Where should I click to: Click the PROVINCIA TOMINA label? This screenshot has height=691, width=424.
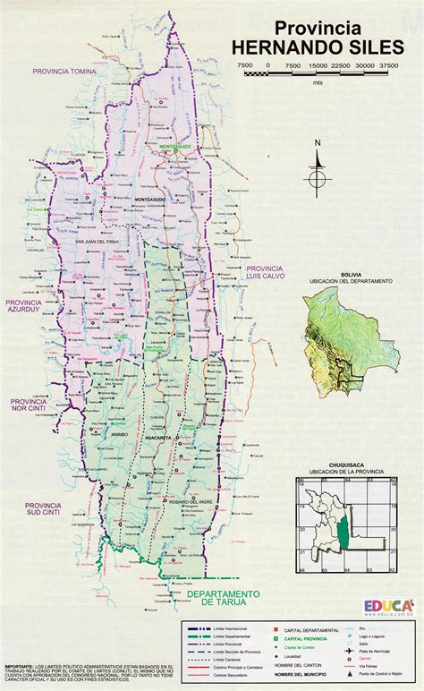point(64,70)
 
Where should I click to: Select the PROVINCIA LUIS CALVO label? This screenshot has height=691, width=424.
point(265,275)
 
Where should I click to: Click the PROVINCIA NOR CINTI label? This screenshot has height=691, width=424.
point(28,407)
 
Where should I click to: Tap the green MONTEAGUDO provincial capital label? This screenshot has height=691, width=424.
point(176,145)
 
